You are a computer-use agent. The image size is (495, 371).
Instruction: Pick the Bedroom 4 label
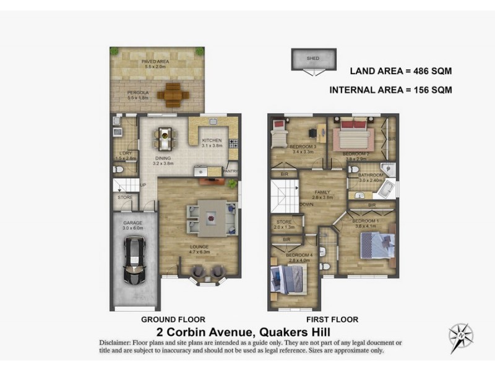(x=298, y=257)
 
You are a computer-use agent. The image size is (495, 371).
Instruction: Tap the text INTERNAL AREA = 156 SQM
(x=390, y=90)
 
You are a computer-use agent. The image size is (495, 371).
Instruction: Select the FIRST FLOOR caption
(x=332, y=320)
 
